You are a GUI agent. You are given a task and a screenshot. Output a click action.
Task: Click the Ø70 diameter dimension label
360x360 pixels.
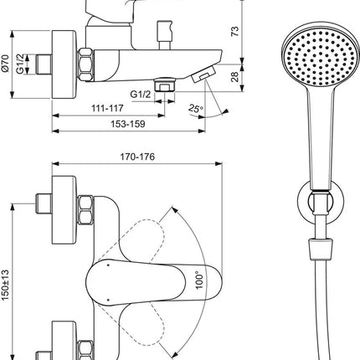point(6,64)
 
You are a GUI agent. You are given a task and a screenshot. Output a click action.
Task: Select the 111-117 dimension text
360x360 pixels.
point(107,108)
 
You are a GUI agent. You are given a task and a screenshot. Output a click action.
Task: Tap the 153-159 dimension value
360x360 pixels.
point(128,124)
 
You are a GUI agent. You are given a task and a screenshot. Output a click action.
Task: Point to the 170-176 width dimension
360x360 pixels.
point(137,157)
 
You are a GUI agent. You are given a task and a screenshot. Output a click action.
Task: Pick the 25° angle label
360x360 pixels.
point(196,109)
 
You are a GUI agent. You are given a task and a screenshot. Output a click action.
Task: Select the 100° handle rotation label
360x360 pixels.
point(199,280)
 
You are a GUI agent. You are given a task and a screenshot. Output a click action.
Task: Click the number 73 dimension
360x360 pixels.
point(235,31)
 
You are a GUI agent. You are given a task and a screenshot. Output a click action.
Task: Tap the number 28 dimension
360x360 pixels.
point(235,77)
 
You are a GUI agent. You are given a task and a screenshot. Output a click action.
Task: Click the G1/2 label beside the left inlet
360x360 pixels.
point(21,64)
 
